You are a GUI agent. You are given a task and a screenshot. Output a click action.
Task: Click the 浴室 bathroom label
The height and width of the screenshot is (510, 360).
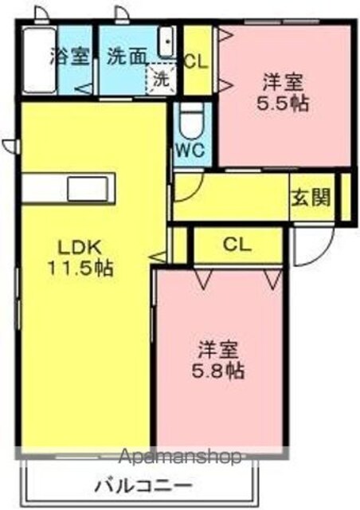pos(70,57)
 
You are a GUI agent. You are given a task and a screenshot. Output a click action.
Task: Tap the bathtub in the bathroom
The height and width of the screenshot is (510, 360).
pos(40,61)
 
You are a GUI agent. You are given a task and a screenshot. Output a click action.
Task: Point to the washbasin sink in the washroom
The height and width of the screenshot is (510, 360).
pos(167,42)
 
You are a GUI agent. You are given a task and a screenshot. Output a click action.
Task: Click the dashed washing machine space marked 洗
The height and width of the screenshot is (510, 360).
pos(162,79)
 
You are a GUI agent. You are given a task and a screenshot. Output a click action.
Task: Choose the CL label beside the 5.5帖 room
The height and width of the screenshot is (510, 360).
pos(196,61)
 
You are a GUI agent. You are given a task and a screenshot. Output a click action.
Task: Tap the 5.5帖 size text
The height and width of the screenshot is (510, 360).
pos(283,104)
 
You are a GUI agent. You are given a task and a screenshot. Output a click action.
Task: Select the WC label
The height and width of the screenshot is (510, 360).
pos(190,151)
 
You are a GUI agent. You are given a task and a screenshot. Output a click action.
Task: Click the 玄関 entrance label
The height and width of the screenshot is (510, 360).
pos(311,197)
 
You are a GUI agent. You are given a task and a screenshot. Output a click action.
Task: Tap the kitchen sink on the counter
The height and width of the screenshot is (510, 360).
pos(88,189)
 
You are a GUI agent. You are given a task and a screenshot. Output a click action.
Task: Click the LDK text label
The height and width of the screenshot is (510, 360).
pos(79,248)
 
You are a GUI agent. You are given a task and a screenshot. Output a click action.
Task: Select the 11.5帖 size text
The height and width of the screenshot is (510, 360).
pos(80,269)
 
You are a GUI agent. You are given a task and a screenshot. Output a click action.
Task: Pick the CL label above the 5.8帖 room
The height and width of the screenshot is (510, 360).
pos(237,245)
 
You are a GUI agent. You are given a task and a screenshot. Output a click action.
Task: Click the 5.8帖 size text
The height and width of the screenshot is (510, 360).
pos(217,371)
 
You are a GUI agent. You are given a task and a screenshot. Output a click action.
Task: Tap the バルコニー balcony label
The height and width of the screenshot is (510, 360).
pos(143,487)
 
